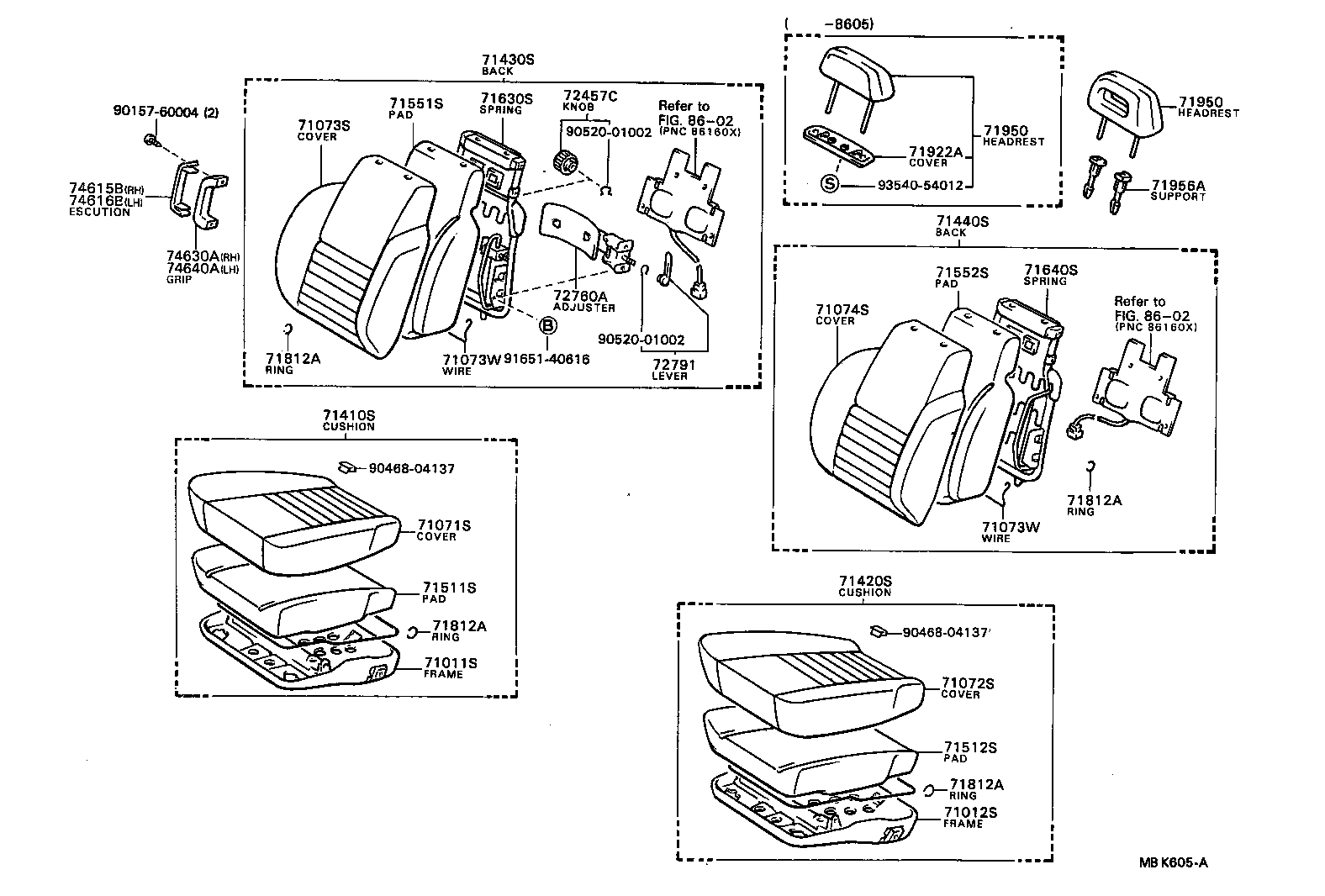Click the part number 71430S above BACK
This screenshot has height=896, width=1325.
(508, 60)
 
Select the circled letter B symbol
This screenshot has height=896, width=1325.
(546, 326)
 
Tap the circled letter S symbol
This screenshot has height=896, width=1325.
(830, 185)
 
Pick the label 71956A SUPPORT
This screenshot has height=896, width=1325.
(1178, 190)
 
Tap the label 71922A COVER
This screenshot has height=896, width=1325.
(934, 156)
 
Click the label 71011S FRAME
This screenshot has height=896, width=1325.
(450, 667)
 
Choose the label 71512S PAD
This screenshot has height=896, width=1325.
(969, 751)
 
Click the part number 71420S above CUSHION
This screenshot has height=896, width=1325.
(864, 581)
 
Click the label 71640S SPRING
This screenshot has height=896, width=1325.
(1050, 275)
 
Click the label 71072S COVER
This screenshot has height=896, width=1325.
(967, 688)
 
